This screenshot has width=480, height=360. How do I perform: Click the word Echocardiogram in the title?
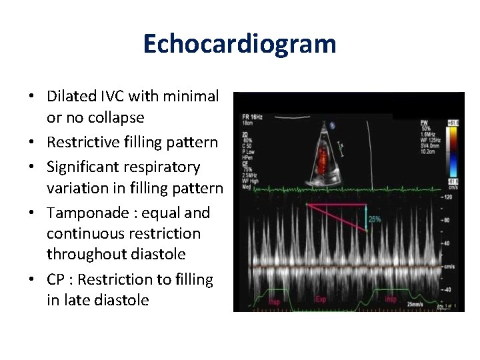coord(239,44)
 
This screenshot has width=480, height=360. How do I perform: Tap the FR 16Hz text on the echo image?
coord(253,117)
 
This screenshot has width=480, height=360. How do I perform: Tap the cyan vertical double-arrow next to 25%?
coord(366,219)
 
